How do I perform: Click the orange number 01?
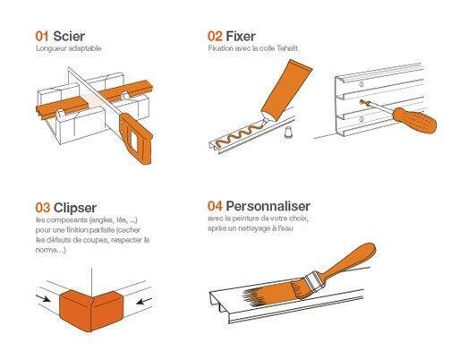42,36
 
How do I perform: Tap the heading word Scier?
69,36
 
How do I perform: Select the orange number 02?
215,36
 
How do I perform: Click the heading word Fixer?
241,36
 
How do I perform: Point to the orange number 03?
43,208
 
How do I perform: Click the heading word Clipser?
75,209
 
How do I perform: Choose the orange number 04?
215,206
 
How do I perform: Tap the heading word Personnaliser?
268,206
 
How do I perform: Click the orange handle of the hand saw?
137,138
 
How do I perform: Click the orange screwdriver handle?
414,120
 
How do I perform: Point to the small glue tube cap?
288,132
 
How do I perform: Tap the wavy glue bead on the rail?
240,134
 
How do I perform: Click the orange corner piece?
91,311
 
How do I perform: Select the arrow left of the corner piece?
43,298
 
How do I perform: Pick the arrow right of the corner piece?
144,301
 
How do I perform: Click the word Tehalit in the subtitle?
287,48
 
